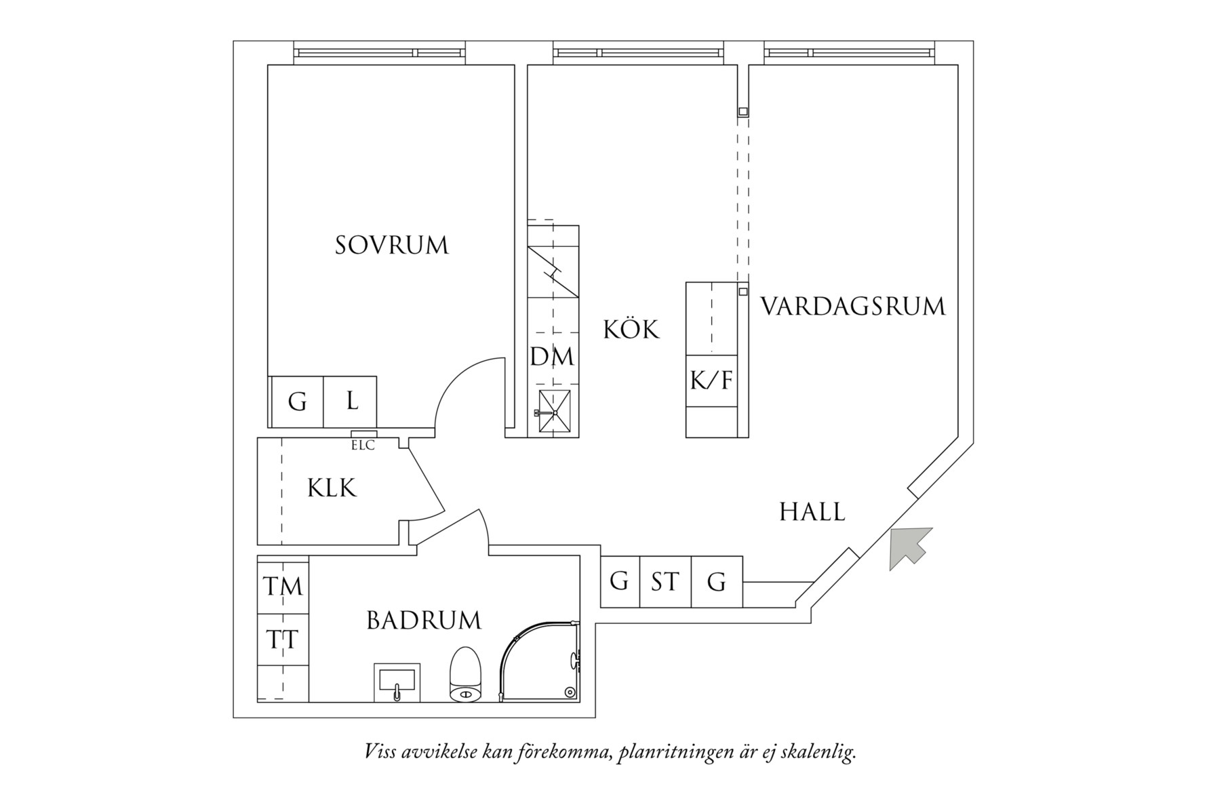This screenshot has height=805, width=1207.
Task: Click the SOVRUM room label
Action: pyautogui.click(x=392, y=246)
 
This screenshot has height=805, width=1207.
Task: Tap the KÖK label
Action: pyautogui.click(x=631, y=330)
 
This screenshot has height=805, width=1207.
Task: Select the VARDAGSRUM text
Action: pyautogui.click(x=852, y=307)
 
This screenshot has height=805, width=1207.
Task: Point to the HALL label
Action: pyautogui.click(x=812, y=512)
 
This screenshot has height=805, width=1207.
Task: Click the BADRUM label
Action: pyautogui.click(x=424, y=621)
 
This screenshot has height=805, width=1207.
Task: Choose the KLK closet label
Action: pyautogui.click(x=332, y=488)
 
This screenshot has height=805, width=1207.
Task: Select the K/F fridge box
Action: pyautogui.click(x=711, y=380)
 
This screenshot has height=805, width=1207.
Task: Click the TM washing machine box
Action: pyautogui.click(x=283, y=586)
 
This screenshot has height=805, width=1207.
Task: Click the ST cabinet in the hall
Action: pyautogui.click(x=665, y=582)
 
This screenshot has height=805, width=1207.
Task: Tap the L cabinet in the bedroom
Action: pyautogui.click(x=351, y=401)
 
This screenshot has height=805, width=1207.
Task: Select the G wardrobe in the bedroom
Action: pyautogui.click(x=297, y=401)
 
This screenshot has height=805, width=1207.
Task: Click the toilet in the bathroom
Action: pyautogui.click(x=466, y=675)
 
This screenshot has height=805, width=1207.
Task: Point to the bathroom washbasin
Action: pyautogui.click(x=398, y=682)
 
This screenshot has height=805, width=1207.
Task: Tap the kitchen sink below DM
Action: pyautogui.click(x=554, y=411)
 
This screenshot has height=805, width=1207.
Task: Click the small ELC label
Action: pyautogui.click(x=363, y=446)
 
